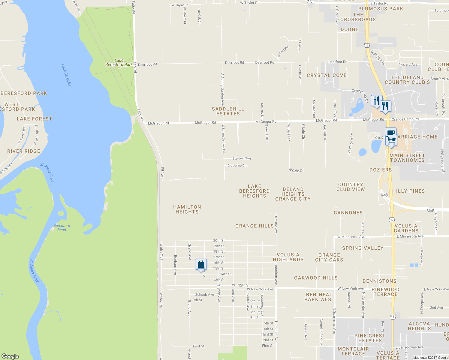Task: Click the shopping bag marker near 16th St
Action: [201, 265]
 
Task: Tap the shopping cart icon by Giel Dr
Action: [391, 140]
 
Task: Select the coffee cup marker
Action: [391, 133]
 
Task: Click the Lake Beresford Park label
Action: [119, 62]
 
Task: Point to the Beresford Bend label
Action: [62, 228]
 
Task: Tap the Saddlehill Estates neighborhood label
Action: [228, 111]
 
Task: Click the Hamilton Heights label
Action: [187, 209]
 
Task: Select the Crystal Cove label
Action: [327, 75]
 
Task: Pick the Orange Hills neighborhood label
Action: [255, 226]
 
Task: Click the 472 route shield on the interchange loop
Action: [384, 195]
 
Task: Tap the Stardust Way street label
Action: [242, 158]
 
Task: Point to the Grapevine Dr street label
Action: [237, 166]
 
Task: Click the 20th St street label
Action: [219, 241]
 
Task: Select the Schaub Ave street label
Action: [204, 295]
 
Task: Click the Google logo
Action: [10, 356]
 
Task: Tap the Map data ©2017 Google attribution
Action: [430, 358]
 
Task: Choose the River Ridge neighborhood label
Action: [24, 151]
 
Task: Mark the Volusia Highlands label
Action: [288, 257]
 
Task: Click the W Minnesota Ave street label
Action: [351, 237]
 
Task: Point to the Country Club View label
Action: [351, 187]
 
